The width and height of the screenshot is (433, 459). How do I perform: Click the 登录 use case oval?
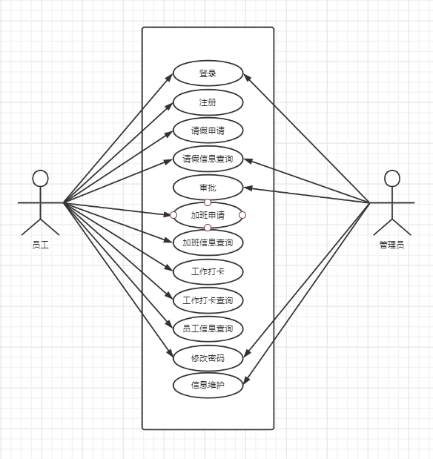click(x=208, y=73)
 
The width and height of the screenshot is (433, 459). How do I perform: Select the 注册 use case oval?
click(x=208, y=102)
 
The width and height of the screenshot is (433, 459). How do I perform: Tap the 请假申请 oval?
click(x=208, y=131)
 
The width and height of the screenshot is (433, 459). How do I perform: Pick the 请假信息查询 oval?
click(x=208, y=159)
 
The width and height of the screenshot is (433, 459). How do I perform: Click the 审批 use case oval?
click(x=208, y=188)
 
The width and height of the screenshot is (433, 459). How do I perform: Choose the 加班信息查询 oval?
click(x=208, y=242)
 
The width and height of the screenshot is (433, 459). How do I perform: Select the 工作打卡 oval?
click(x=208, y=271)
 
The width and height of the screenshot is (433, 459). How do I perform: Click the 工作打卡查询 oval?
click(x=208, y=300)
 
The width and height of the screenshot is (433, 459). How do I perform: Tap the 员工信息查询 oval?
click(x=208, y=328)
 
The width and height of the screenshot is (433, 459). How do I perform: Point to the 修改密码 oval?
click(x=208, y=358)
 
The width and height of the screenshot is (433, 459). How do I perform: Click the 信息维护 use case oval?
click(x=208, y=385)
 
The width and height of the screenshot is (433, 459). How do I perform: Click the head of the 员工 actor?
click(x=40, y=178)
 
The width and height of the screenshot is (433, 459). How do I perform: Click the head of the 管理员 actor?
click(x=392, y=178)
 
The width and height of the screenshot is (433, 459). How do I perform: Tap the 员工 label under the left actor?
click(x=40, y=245)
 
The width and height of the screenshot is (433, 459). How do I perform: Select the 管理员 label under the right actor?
click(x=391, y=245)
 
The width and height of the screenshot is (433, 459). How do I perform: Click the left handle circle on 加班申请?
click(x=173, y=215)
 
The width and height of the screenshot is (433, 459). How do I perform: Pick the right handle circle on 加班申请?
click(x=242, y=215)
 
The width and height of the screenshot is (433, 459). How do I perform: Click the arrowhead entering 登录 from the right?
click(x=247, y=77)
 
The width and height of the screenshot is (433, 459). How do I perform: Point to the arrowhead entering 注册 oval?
click(x=169, y=106)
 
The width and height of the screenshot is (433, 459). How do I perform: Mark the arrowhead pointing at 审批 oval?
click(x=248, y=188)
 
